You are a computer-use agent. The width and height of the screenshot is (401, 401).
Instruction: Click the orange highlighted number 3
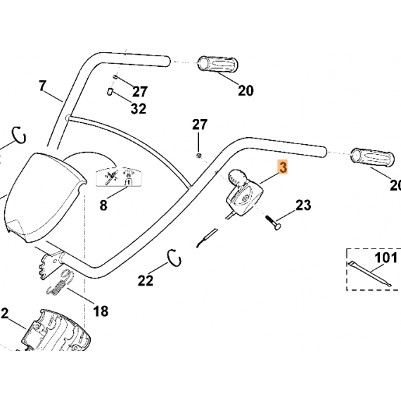click(x=283, y=167)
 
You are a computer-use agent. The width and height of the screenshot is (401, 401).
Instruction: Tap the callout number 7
click(x=43, y=86)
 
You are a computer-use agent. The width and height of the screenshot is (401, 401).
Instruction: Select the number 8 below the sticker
click(x=103, y=205)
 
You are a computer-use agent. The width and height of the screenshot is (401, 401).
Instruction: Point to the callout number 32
click(x=139, y=108)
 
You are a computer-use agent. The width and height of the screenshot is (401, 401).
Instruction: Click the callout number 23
click(x=303, y=205)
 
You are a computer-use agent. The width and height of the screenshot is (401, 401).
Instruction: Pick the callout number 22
click(x=146, y=281)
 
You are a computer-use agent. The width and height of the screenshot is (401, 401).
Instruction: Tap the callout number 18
click(x=101, y=311)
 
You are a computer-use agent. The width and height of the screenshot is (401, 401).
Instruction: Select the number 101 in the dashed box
click(x=386, y=257)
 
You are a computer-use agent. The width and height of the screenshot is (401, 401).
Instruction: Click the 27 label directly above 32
click(x=140, y=91)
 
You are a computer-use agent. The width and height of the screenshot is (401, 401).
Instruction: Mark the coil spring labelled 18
click(x=60, y=282)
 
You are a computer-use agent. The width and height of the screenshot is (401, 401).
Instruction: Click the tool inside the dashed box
click(x=369, y=274)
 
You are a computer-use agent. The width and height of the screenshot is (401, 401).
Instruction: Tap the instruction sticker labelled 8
click(x=119, y=177)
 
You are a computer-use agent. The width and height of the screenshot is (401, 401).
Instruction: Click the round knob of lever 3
click(x=237, y=177)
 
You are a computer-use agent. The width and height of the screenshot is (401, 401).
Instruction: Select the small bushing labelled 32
click(x=110, y=92)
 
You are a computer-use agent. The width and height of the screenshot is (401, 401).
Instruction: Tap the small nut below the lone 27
click(x=199, y=155)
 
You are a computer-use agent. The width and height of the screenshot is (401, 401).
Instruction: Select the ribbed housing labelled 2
click(x=56, y=331)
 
